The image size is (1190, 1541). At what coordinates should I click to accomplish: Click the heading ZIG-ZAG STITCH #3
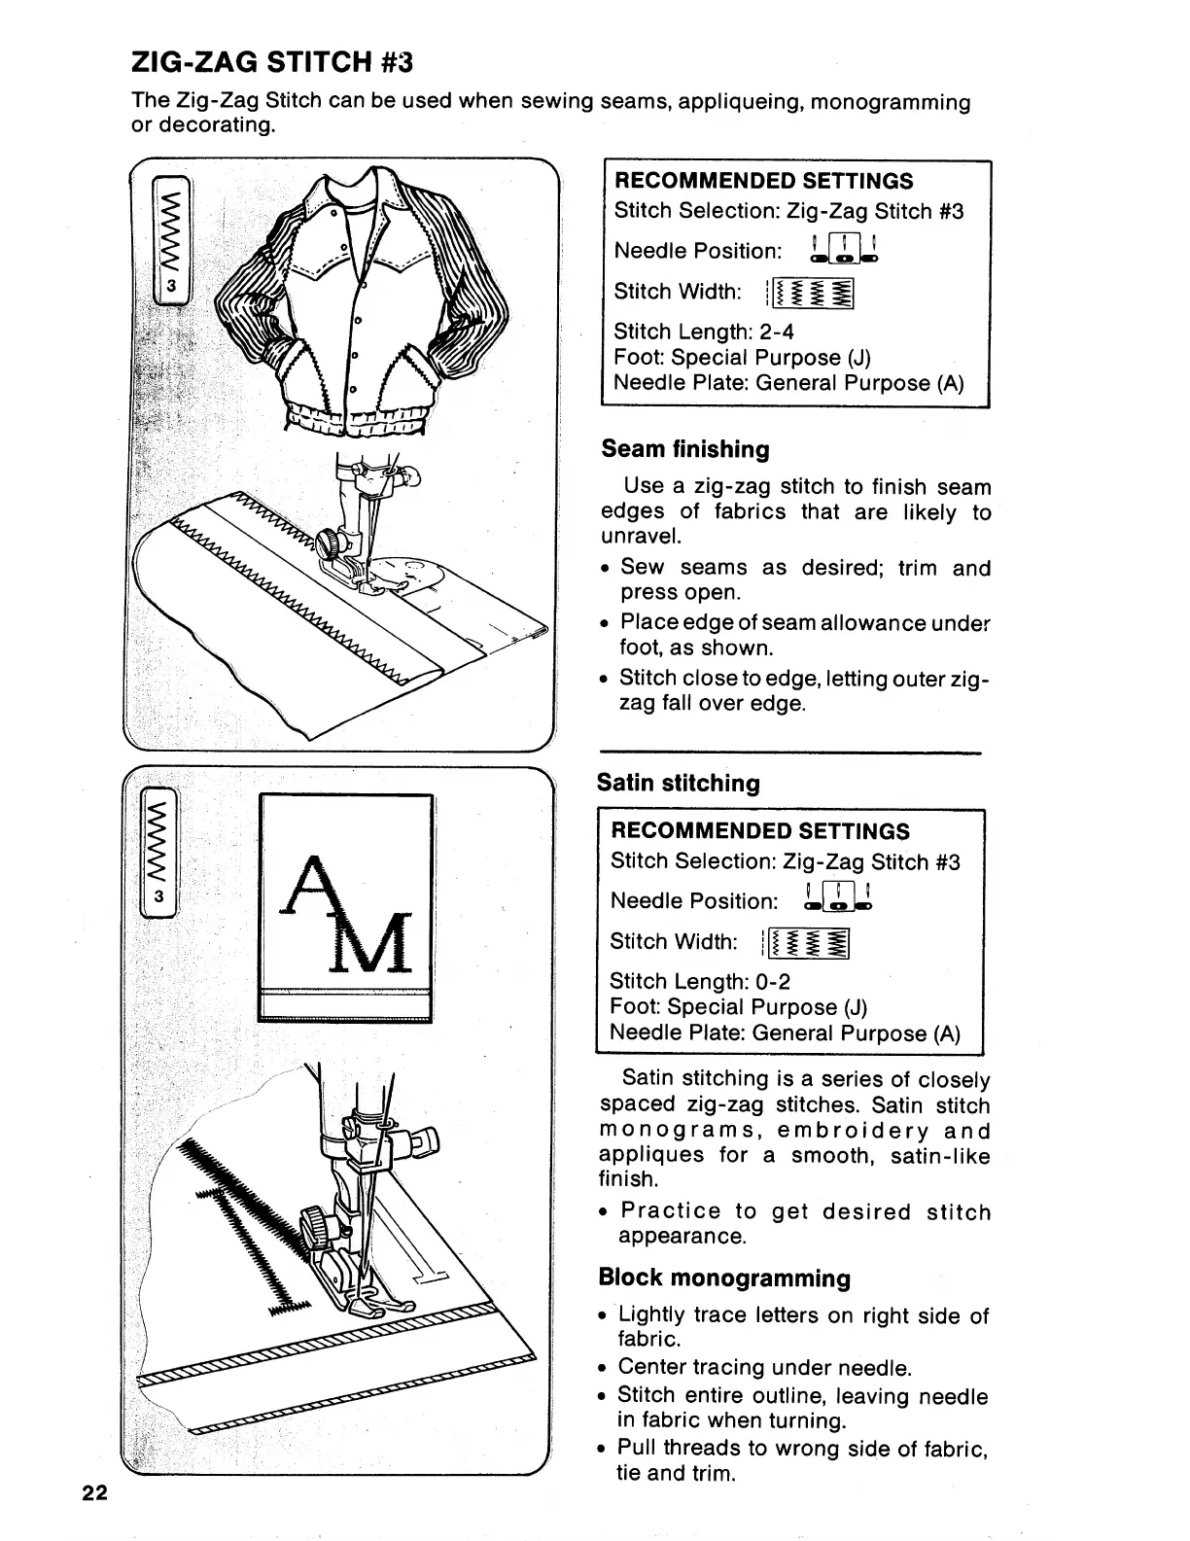tap(272, 62)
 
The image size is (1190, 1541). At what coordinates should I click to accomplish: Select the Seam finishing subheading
tap(684, 449)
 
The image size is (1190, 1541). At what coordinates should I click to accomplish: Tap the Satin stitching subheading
tap(678, 783)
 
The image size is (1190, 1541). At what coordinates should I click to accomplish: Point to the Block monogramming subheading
tap(724, 1278)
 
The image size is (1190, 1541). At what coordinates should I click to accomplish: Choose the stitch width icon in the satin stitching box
tap(807, 942)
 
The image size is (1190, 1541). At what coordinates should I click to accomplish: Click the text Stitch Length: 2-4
tap(704, 332)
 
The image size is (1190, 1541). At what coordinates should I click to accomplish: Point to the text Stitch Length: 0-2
tap(700, 981)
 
